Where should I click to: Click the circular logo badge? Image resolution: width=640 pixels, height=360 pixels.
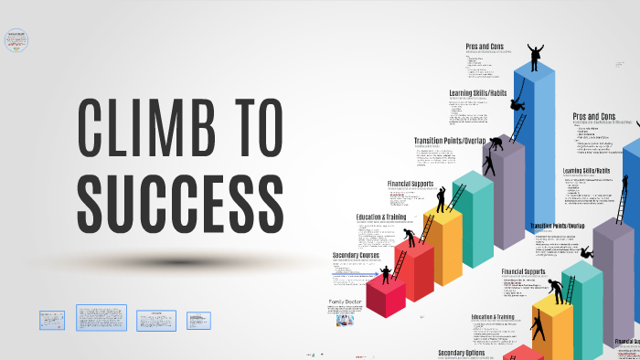(16, 40)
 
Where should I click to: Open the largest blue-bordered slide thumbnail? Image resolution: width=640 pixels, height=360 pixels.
(101, 318)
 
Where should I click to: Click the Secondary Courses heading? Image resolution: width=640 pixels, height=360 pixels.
(356, 255)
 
